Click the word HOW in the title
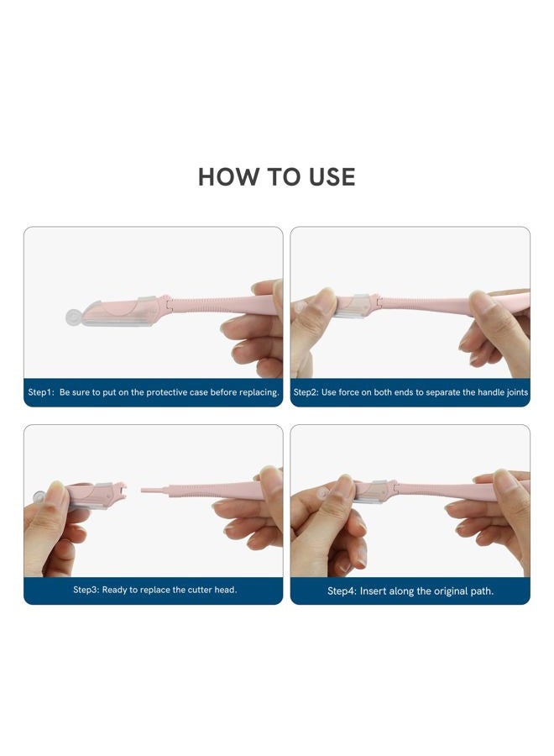tap(227, 177)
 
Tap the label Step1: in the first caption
tap(41, 392)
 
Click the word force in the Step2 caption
tap(349, 392)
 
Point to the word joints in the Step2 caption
tap(517, 392)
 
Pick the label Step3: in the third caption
tap(86, 590)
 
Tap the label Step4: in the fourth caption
tap(342, 591)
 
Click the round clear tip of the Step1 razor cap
tap(72, 318)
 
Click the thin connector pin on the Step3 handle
tap(152, 491)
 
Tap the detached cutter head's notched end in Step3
tap(119, 490)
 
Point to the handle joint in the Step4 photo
tap(395, 487)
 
